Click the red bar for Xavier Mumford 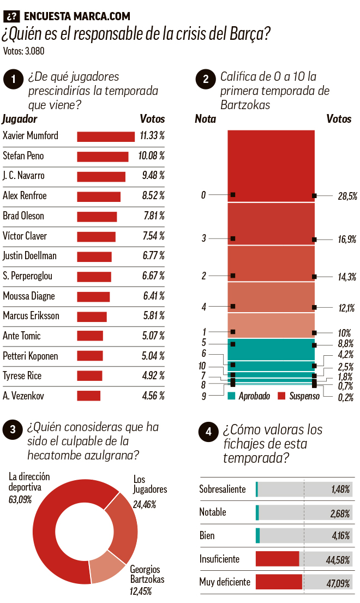[105, 136]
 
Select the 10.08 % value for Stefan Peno [151, 156]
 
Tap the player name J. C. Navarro [23, 176]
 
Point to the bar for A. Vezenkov [88, 396]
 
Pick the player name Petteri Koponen [31, 356]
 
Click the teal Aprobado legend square [231, 395]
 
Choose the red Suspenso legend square [282, 395]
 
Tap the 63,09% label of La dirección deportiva [20, 499]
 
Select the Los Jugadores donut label [150, 484]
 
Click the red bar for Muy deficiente [278, 582]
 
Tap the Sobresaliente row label [223, 489]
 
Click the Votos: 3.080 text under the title [23, 52]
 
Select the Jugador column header [20, 119]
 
